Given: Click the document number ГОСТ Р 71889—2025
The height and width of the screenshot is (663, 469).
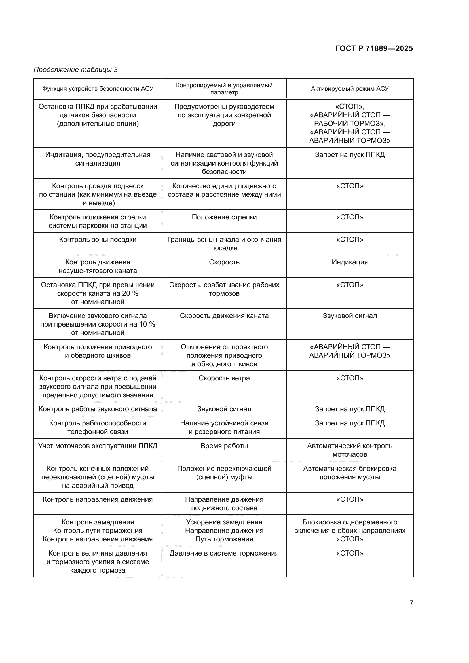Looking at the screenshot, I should (374, 48).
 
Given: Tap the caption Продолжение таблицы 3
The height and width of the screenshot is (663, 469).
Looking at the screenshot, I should (76, 70).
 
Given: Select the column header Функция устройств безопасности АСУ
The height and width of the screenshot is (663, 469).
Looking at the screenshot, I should (98, 89).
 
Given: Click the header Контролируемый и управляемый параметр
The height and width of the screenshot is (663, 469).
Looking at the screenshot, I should (224, 89).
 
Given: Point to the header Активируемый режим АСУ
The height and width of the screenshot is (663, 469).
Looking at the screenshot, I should (349, 89).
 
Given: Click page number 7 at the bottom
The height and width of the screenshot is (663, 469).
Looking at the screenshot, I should (411, 603).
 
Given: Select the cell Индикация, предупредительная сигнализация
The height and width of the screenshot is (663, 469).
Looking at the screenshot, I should (98, 159).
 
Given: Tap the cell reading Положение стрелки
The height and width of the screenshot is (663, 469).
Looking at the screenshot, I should (224, 217).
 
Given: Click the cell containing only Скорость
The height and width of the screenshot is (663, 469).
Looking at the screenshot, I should (224, 262).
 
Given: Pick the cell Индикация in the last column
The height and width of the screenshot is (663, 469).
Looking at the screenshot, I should (349, 262).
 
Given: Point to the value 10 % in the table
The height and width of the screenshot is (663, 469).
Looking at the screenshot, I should (147, 324).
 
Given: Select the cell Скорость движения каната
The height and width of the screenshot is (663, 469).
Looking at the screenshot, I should (224, 316).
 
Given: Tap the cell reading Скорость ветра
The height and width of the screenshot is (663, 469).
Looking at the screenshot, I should (224, 378).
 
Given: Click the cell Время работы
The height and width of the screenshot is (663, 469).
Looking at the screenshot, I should (224, 446).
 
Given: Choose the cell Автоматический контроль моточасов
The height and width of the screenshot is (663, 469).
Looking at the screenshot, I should (349, 450).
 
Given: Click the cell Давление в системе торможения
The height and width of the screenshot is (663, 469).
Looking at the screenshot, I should (224, 553).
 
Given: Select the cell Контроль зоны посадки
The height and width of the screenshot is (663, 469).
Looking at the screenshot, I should (98, 240).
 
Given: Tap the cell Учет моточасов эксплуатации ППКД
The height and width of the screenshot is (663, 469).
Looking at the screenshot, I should (98, 446).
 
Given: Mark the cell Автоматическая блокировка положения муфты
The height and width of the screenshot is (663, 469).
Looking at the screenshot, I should (349, 473).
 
